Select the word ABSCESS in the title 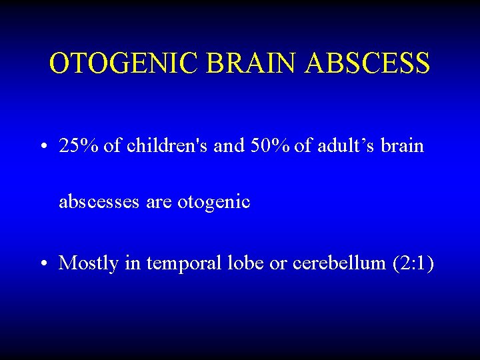click(x=368, y=63)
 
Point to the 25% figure click(x=79, y=146)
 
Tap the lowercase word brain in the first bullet click(x=402, y=146)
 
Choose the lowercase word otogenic click(x=213, y=201)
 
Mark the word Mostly click(x=88, y=263)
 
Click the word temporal click(x=179, y=263)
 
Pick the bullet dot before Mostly click(x=43, y=264)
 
